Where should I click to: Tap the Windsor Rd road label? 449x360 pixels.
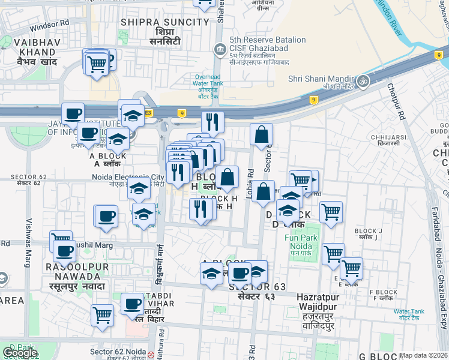pos(50,26)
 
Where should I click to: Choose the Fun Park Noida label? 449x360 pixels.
pos(298,242)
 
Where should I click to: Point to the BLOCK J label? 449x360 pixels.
pos(369,231)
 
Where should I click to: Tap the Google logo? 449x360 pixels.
pos(20,353)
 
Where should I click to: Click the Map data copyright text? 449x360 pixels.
pos(424,355)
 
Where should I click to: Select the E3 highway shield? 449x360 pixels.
pos(149,112)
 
